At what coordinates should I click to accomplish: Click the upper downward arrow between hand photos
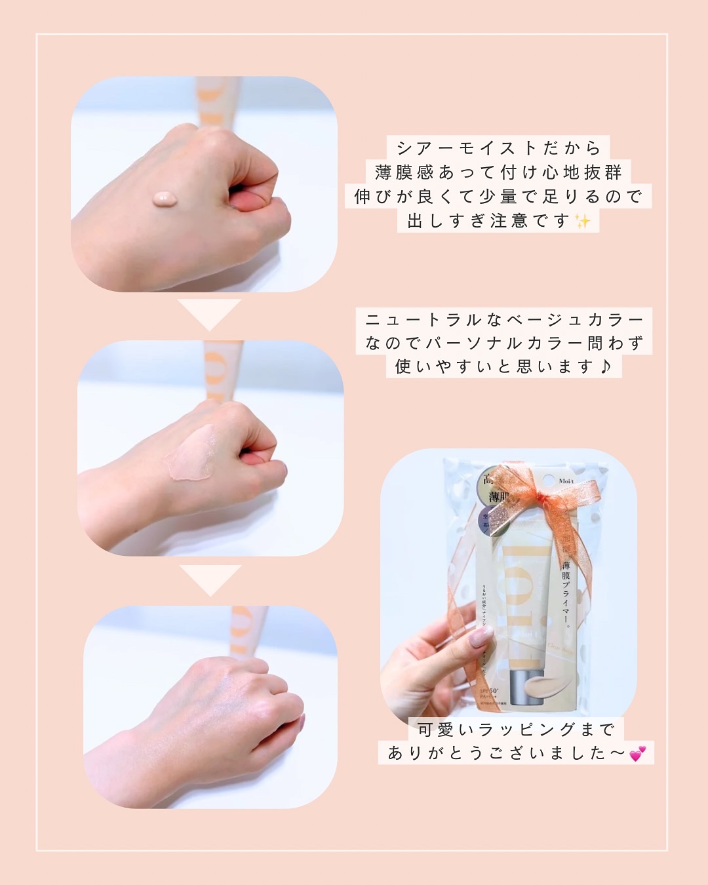[x=210, y=315]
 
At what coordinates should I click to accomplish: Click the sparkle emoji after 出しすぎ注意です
[x=582, y=222]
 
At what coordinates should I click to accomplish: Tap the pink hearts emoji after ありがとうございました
[x=637, y=754]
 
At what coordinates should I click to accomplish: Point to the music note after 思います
[x=606, y=366]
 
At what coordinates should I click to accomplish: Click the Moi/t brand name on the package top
[x=566, y=481]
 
